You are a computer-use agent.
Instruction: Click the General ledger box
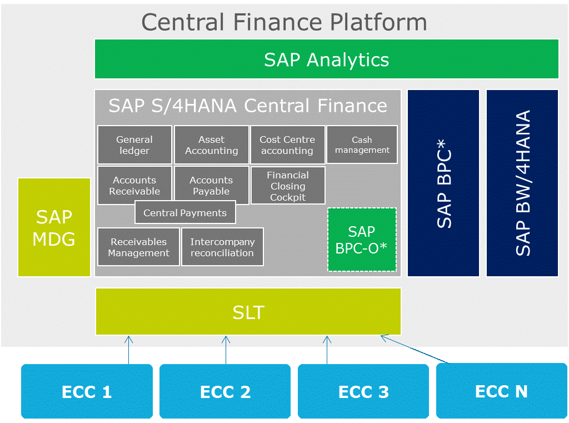click(x=134, y=145)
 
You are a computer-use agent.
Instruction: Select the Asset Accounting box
click(x=212, y=145)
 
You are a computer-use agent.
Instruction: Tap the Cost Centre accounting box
click(x=287, y=145)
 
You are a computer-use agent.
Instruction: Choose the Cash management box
click(x=362, y=145)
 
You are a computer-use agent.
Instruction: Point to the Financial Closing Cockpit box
click(x=288, y=185)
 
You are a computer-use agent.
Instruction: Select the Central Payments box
click(x=185, y=212)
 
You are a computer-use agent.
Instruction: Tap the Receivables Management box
click(x=138, y=247)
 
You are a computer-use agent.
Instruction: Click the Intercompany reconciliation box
click(x=222, y=247)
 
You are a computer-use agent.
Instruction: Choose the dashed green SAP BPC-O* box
click(x=362, y=240)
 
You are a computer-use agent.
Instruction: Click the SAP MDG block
click(x=54, y=227)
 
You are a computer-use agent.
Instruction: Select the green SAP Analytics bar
click(x=327, y=59)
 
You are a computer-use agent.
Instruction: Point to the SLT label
click(x=248, y=312)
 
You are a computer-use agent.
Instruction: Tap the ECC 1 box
click(x=87, y=391)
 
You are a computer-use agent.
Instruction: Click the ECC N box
click(x=502, y=391)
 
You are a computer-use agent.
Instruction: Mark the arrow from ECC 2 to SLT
click(x=226, y=350)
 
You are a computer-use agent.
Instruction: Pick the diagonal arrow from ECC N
click(x=415, y=349)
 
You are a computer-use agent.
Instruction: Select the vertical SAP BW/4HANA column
click(x=522, y=183)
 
